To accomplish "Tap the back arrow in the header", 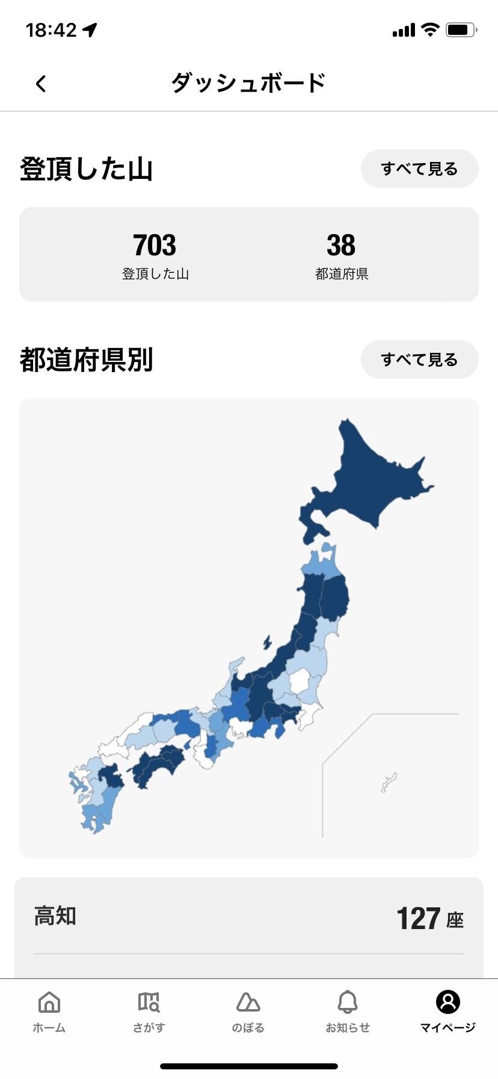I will pos(41,84).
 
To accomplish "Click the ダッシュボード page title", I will pos(248,83).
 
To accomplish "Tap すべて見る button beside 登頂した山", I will pos(419,169).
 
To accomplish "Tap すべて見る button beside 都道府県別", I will pos(419,360).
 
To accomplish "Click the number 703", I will pos(155,245).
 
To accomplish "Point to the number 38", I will pos(341,245).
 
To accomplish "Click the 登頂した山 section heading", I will pos(86,169).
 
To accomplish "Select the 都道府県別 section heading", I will pos(86,360).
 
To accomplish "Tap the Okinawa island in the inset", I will pos(389,782).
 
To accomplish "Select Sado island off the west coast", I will pos(267,642).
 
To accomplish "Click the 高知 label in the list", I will pos(55,916).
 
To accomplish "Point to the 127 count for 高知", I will pos(419,919).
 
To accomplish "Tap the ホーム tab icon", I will pos(49,1003).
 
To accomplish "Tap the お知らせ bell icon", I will pos(348,1003).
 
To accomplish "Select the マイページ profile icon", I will pos(447,1003).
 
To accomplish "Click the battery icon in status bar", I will pos(461,30).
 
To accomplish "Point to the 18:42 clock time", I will pos(52,30).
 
